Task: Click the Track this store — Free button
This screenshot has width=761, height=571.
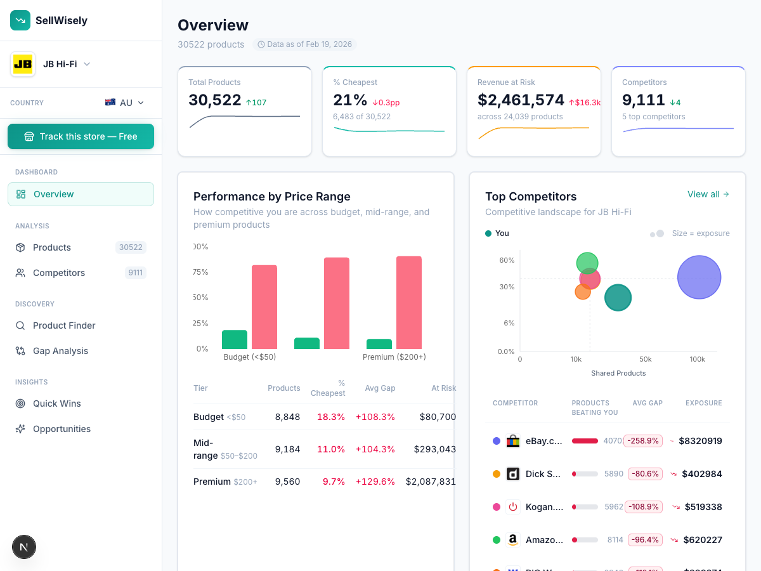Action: coord(81,136)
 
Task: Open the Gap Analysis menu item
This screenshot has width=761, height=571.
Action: coord(60,351)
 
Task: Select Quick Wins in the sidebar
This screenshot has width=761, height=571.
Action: coord(56,404)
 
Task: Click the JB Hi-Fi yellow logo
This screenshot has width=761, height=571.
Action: coord(23,64)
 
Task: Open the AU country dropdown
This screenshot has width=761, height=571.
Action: coord(125,103)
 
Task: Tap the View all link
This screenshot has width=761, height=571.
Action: coord(708,194)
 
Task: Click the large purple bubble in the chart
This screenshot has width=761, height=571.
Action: coord(699,277)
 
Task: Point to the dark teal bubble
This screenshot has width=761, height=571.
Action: coord(618,298)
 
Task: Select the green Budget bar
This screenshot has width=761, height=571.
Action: coord(235,339)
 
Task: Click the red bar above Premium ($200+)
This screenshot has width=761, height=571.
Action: coord(409,303)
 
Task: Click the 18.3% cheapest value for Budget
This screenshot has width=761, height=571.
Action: coord(330,417)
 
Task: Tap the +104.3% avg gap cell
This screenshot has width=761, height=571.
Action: coord(375,449)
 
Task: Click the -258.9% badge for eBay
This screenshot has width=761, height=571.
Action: coord(643,441)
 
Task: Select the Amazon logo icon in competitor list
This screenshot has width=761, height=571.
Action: coord(513,540)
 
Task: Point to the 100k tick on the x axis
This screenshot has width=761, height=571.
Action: coord(697,359)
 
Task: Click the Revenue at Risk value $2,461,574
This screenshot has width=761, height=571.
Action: coord(521,100)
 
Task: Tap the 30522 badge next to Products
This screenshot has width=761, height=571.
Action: coord(131,247)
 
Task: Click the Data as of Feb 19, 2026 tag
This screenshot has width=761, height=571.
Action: coord(305,44)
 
